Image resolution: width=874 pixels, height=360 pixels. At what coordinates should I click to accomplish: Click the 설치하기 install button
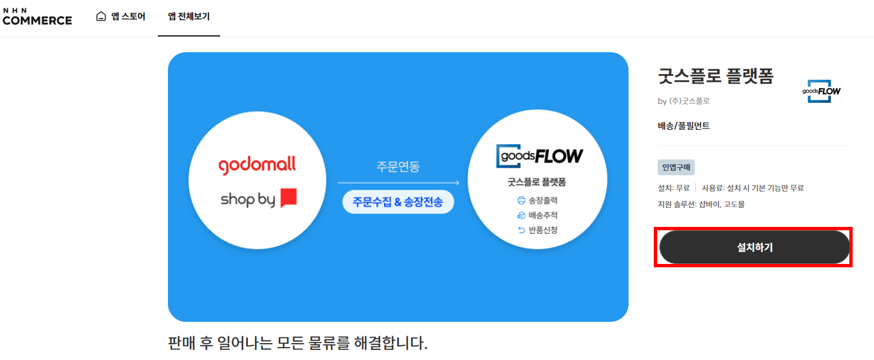click(x=754, y=247)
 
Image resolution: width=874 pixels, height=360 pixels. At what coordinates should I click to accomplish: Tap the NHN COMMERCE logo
click(x=37, y=16)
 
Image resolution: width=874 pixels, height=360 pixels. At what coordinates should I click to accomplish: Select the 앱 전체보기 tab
click(x=189, y=16)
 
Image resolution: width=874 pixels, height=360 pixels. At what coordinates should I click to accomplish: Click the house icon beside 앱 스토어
click(x=101, y=16)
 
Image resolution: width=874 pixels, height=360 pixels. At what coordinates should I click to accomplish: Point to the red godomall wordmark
click(x=257, y=166)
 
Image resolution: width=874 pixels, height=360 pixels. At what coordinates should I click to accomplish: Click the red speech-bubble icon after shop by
click(x=288, y=198)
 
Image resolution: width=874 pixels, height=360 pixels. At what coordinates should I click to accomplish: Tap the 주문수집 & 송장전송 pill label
click(x=398, y=202)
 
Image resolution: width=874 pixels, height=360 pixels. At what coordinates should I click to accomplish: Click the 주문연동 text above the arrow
click(x=398, y=167)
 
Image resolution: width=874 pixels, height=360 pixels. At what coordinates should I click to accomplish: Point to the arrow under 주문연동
click(x=398, y=183)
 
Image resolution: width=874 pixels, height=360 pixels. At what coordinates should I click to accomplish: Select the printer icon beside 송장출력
click(x=521, y=200)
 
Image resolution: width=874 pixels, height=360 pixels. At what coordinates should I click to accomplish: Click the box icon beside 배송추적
click(x=521, y=215)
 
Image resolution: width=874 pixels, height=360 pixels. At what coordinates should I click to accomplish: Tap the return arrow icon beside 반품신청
click(x=521, y=230)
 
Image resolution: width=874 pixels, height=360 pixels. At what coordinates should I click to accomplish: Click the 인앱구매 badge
click(x=676, y=167)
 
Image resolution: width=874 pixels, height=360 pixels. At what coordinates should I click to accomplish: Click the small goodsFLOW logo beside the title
click(x=821, y=91)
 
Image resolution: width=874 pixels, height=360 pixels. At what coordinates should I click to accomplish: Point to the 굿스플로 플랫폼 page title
click(x=716, y=76)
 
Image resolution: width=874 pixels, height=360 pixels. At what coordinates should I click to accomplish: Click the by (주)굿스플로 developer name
click(x=684, y=101)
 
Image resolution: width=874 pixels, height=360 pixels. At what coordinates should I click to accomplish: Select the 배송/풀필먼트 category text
click(x=684, y=126)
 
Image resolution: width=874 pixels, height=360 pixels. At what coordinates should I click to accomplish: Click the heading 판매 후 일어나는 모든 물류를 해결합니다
click(x=298, y=343)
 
